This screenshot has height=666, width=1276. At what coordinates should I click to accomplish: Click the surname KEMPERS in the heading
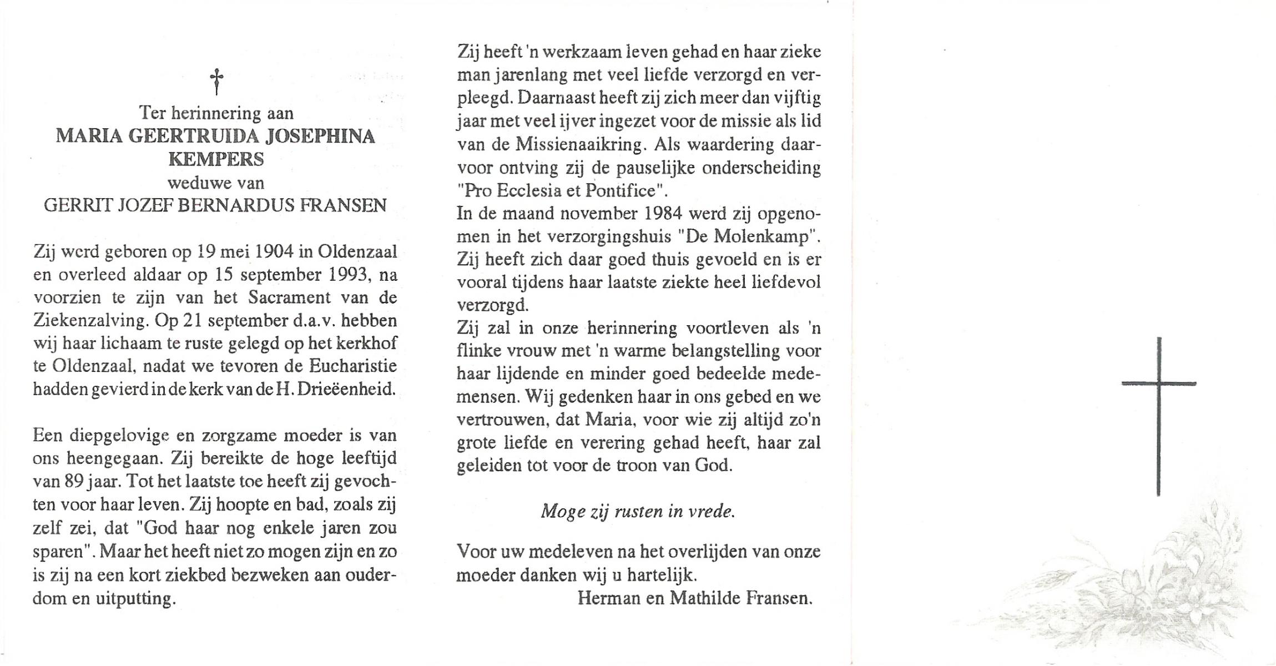216,160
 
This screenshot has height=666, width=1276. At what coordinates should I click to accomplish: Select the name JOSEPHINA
320,137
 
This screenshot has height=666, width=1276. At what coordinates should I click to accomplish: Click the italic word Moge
562,511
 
